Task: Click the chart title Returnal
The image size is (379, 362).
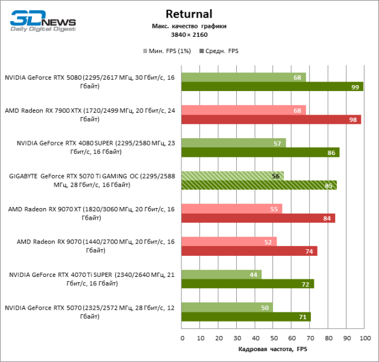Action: pyautogui.click(x=190, y=14)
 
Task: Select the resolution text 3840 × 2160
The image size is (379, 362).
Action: pyautogui.click(x=190, y=36)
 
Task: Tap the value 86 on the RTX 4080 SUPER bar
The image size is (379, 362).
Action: pyautogui.click(x=331, y=153)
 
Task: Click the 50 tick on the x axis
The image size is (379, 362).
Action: pyautogui.click(x=273, y=338)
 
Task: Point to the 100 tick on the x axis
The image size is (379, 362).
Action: pyautogui.click(x=363, y=338)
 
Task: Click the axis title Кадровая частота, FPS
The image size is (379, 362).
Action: pyautogui.click(x=273, y=349)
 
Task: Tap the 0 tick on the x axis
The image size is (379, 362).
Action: pyautogui.click(x=182, y=338)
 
